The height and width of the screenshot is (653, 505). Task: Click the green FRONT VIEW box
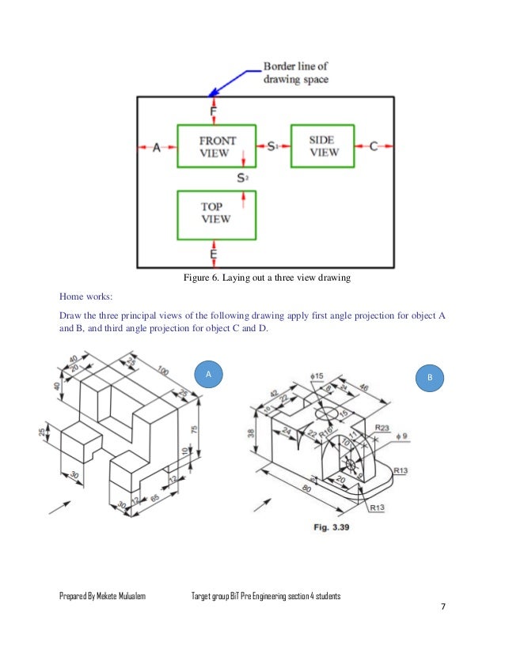point(216,145)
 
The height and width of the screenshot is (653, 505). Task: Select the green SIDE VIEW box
point(322,145)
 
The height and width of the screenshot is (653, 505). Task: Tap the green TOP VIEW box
point(216,213)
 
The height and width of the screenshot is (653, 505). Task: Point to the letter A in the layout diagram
point(156,147)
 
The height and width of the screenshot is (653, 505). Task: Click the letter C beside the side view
point(374,146)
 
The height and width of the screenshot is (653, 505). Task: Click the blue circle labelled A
point(209,374)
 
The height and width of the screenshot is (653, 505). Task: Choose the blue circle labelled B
point(430,379)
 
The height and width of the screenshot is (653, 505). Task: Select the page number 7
point(443,606)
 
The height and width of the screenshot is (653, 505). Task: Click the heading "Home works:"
point(86,297)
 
